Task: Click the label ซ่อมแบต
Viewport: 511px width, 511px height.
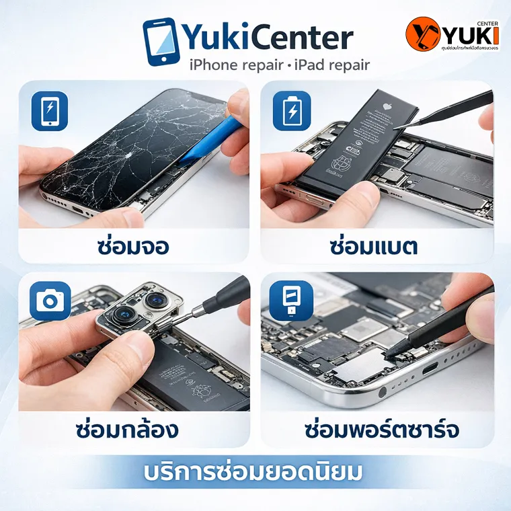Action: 374,246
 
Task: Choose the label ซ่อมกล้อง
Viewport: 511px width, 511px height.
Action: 128,429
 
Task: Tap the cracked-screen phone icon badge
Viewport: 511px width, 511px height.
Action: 50,111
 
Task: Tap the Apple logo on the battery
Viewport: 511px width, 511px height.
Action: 386,106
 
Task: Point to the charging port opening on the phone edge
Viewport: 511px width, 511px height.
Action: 430,368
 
